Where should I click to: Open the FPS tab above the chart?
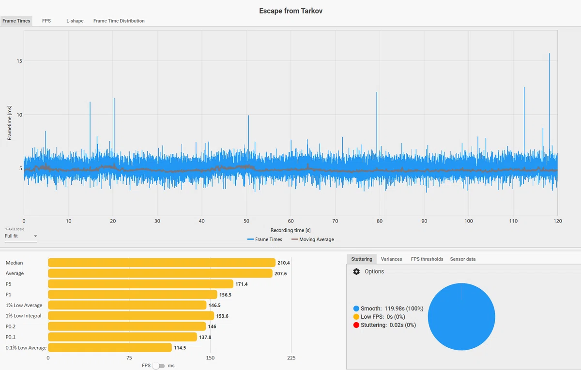[46, 21]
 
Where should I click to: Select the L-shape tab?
[75, 21]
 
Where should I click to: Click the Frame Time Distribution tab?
[119, 21]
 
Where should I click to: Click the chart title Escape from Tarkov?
[290, 11]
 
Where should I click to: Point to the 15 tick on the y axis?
[19, 61]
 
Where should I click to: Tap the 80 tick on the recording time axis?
[380, 221]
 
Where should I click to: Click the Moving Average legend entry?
[313, 239]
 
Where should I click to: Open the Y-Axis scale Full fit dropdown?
[21, 236]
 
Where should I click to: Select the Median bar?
[162, 263]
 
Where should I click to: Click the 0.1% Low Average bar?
[110, 347]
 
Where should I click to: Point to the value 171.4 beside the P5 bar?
[242, 284]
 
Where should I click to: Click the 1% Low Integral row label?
[23, 316]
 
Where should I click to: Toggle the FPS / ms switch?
[159, 366]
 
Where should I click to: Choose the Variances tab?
[391, 259]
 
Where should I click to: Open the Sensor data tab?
[463, 259]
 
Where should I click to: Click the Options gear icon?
[356, 271]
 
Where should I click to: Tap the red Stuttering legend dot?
[356, 325]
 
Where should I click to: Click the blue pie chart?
[461, 317]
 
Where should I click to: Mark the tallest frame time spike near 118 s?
[549, 54]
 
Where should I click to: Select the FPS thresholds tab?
[427, 259]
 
